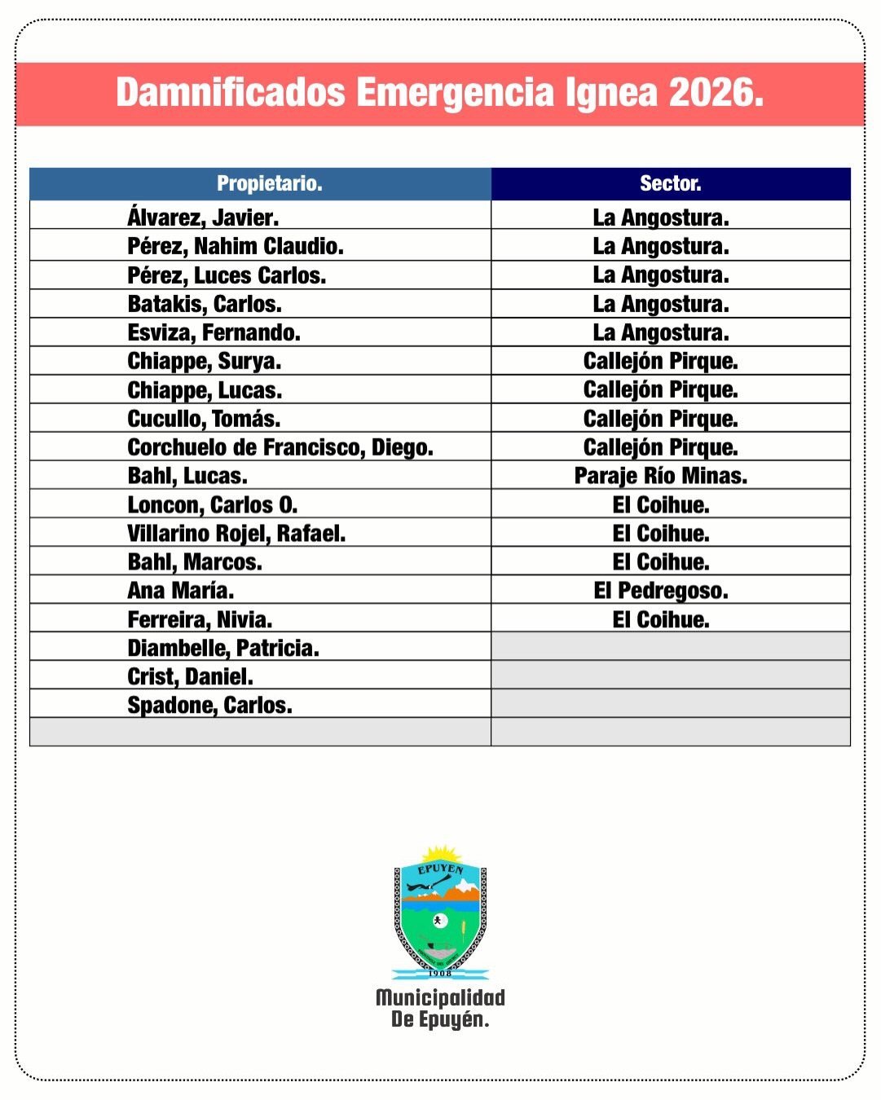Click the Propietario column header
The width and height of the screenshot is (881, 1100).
click(269, 183)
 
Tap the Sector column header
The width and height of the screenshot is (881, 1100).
click(670, 183)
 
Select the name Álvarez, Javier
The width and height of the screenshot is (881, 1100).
click(203, 218)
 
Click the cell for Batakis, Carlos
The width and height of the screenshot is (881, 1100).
click(205, 304)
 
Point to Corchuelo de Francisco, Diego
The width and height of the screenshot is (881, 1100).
click(280, 447)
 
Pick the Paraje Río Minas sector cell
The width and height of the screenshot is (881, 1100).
click(660, 476)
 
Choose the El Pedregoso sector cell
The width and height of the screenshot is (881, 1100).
click(660, 591)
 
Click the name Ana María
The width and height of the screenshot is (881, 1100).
click(181, 591)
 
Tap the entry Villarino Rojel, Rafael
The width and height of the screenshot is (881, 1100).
click(236, 534)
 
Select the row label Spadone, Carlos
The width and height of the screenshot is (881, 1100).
click(209, 706)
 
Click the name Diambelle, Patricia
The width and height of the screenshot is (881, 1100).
click(223, 649)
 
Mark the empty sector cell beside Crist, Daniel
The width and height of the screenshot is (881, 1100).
click(670, 675)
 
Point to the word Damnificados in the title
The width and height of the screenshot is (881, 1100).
click(231, 93)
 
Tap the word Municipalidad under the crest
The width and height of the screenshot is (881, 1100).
click(440, 997)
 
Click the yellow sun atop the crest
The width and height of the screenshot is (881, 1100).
click(441, 855)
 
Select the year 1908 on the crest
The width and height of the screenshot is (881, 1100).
click(440, 973)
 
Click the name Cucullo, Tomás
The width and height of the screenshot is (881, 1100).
click(204, 419)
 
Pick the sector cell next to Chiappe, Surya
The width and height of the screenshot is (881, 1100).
click(660, 361)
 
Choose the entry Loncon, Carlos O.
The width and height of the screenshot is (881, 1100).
click(213, 505)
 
